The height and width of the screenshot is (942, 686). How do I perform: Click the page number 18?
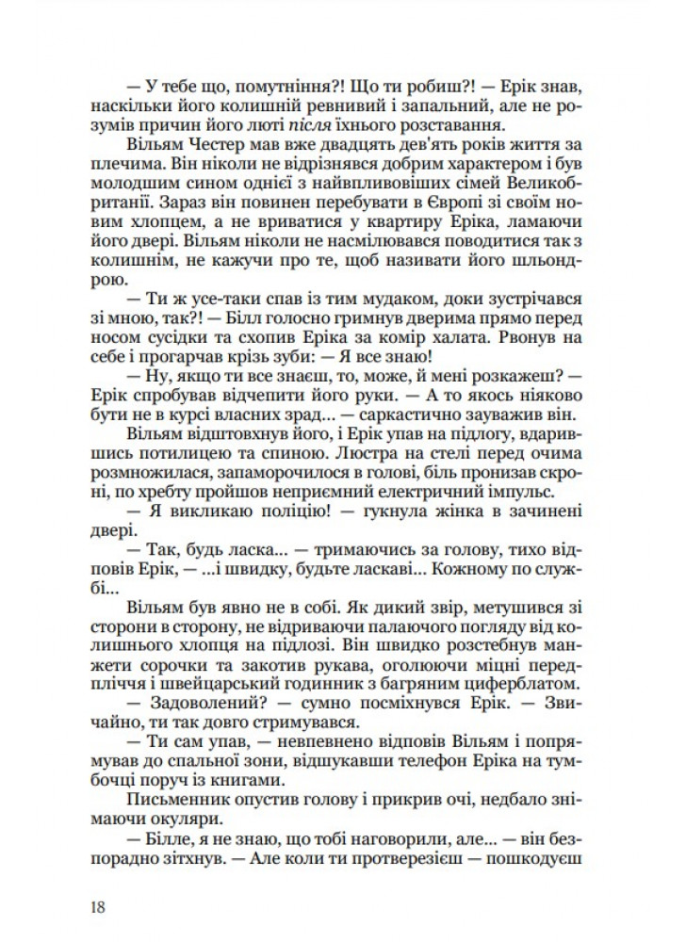pos(92,906)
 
